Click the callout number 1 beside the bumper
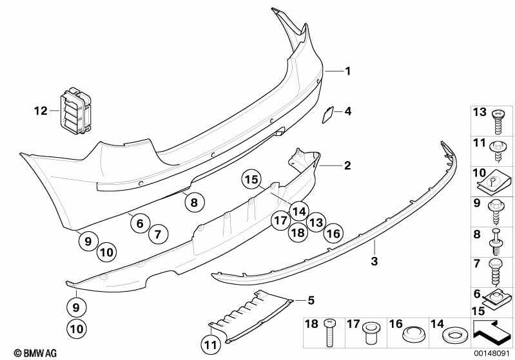[347, 71]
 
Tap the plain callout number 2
[347, 166]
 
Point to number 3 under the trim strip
[374, 261]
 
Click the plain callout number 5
[311, 300]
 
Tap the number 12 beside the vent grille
[41, 111]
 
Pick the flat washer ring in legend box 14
[454, 335]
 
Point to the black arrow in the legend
[491, 331]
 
